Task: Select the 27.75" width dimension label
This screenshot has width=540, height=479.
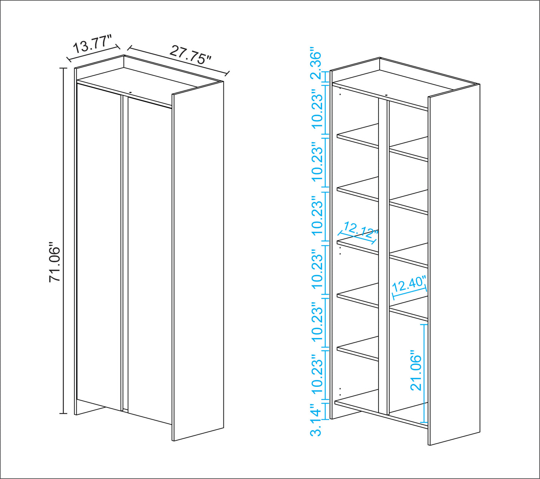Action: (190, 55)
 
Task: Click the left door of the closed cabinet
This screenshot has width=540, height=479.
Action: (99, 246)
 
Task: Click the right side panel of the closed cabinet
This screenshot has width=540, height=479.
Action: (198, 261)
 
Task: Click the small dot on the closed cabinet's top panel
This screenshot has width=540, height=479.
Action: (130, 93)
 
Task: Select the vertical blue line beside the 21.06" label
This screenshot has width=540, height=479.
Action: (424, 373)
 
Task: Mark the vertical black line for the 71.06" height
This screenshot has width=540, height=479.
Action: (63, 241)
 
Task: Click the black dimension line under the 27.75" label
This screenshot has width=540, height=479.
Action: (178, 60)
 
